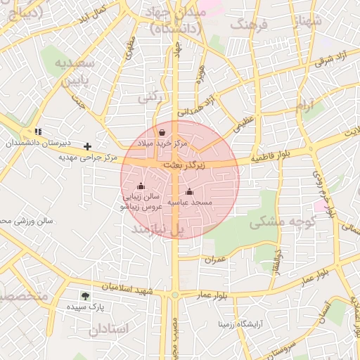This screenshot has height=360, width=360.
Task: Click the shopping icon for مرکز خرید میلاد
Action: point(162,132)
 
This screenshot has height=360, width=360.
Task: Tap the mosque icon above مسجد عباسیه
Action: point(188,191)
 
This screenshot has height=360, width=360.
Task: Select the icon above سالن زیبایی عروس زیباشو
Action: point(141,186)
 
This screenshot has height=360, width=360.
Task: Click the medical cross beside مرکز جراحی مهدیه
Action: point(87,146)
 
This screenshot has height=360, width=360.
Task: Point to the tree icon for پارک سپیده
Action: point(85,297)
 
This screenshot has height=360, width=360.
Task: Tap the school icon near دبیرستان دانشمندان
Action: point(37,131)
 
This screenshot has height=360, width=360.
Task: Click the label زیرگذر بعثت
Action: point(184,164)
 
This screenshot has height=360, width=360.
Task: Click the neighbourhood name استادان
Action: point(109,328)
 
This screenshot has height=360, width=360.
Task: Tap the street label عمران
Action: point(215,259)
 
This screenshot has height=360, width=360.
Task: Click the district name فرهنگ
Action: point(250,25)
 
